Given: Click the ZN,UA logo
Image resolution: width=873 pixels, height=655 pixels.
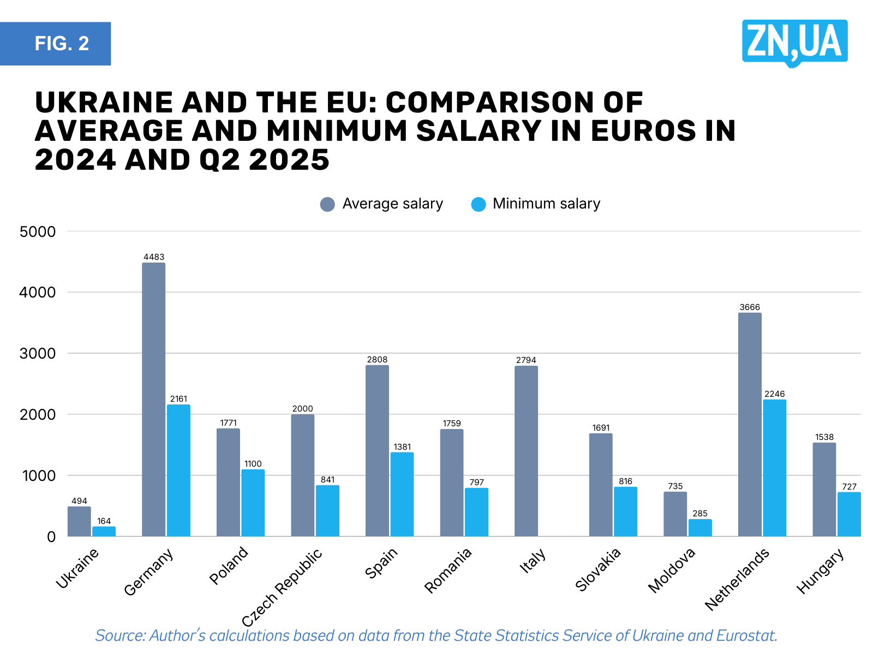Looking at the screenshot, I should coord(794,42).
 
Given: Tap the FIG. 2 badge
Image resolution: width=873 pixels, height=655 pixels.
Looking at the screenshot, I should coord(56,44).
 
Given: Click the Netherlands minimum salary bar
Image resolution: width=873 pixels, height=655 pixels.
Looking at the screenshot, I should coord(774,468).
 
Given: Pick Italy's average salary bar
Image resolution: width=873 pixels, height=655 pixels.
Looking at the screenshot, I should coord(526,451).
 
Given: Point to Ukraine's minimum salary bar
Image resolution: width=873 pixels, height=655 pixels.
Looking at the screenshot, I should coord(104,531).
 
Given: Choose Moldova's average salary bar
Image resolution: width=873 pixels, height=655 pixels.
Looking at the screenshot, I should coord(675,514).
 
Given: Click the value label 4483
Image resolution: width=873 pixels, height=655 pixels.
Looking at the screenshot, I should coord(154,257).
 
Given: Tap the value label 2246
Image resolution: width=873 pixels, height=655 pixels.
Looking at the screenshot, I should coord(774,394).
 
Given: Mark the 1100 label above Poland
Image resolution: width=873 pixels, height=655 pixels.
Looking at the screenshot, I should coord(253,464).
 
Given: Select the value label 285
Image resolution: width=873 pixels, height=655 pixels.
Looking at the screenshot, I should coord(699,514).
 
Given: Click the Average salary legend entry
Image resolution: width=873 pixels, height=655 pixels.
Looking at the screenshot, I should coord(382,204).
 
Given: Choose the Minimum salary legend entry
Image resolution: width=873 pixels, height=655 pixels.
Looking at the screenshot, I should coord(536,204).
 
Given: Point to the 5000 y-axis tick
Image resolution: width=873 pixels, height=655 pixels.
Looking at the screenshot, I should coord(38,231).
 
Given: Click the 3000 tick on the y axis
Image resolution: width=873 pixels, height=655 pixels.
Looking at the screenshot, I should coord(38,354).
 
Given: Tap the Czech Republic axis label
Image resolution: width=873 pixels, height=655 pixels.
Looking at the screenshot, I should coord(282,587).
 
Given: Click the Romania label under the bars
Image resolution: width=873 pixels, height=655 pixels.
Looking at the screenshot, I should coord(448,570).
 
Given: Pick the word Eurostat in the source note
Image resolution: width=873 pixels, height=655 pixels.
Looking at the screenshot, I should coord(746,636).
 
